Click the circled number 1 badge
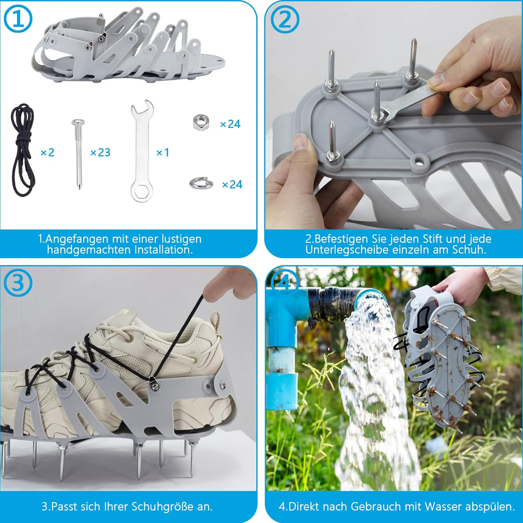point(18,19)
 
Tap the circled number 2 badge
point(285,19)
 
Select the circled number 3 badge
point(18,283)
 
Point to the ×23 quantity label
point(100,152)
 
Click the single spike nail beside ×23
point(78,153)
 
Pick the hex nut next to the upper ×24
point(201,123)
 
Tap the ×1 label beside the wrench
point(162,152)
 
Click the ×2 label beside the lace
point(47,152)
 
